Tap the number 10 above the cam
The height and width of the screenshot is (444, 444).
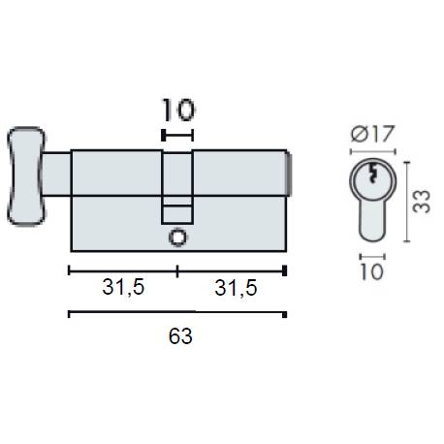177,109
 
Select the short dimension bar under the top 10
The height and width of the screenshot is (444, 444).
177,136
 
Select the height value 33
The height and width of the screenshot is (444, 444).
421,201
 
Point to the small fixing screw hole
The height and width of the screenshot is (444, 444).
176,236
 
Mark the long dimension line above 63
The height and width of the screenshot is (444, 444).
176,314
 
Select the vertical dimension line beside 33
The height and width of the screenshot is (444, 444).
405,202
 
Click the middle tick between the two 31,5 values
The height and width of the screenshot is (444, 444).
177,270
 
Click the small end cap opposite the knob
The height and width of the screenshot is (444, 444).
288,174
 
